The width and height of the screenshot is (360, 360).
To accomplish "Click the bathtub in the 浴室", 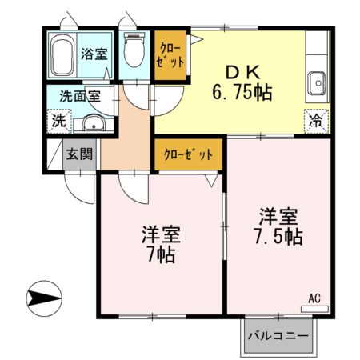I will (x=62, y=55).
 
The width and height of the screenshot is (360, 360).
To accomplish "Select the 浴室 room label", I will (x=95, y=54).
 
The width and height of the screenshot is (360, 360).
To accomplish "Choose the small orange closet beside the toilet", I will (x=170, y=55).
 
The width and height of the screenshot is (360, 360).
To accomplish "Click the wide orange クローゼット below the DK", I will (x=188, y=153).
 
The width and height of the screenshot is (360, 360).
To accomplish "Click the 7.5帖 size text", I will (x=279, y=237).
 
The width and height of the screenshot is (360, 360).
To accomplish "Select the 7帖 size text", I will (x=161, y=257).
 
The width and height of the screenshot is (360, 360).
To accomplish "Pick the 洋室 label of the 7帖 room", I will (x=161, y=235).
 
